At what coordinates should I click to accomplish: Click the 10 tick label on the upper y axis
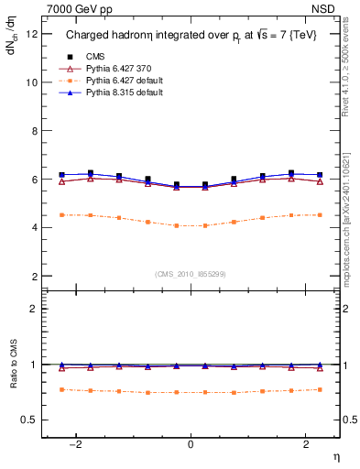pyautogui.click(x=31, y=82)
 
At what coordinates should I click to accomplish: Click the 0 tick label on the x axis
pyautogui.click(x=191, y=445)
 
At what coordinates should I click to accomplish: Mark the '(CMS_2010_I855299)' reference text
pyautogui.click(x=191, y=274)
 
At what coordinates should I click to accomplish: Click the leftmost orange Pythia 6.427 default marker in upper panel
pyautogui.click(x=61, y=214)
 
